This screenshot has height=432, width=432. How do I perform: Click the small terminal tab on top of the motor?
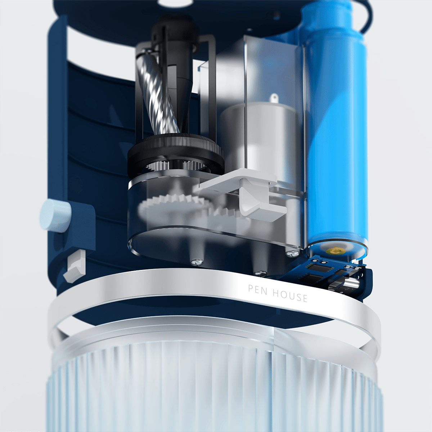pos(275,98)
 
